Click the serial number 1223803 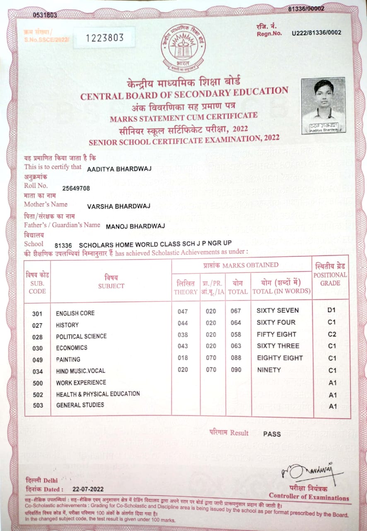[x=105, y=38]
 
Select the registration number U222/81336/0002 [x=317, y=32]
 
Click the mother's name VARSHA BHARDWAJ [x=119, y=206]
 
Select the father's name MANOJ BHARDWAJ [x=135, y=226]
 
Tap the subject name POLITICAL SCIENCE [x=81, y=336]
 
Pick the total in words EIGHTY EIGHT [x=280, y=358]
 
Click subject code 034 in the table [x=37, y=371]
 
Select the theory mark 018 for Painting [x=183, y=358]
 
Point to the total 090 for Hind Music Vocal [x=236, y=370]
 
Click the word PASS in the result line [x=272, y=434]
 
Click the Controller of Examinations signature [x=307, y=471]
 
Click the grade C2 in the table [x=332, y=334]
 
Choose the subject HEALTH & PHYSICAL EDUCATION [x=98, y=394]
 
